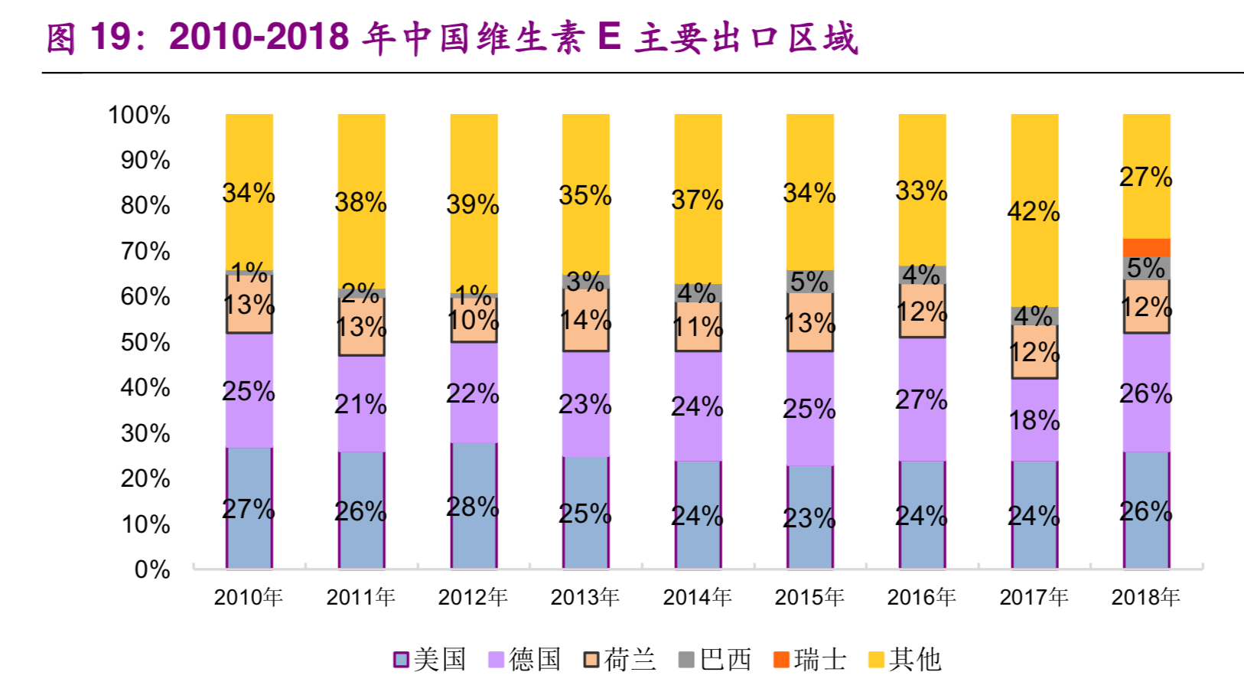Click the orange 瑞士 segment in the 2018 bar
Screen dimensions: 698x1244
point(1146,247)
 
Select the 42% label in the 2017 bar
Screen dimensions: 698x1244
point(1034,211)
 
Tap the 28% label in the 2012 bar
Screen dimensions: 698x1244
point(473,507)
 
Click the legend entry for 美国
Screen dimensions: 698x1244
point(430,659)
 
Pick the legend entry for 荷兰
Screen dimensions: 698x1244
point(620,659)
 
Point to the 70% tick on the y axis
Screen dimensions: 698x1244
point(145,251)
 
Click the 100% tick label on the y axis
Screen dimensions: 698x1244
point(139,115)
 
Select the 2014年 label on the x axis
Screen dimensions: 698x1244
point(697,597)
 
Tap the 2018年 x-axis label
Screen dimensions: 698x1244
point(1145,597)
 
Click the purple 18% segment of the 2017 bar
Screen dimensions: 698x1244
point(1034,419)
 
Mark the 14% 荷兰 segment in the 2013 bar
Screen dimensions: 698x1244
point(585,320)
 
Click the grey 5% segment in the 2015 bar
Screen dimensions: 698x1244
point(809,281)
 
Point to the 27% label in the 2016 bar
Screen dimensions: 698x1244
point(921,400)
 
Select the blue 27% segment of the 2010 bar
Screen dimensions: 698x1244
point(249,508)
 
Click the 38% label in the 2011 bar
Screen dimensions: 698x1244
point(360,203)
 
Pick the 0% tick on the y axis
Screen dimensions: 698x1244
point(151,569)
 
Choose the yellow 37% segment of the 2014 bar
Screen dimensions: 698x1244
point(697,200)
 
